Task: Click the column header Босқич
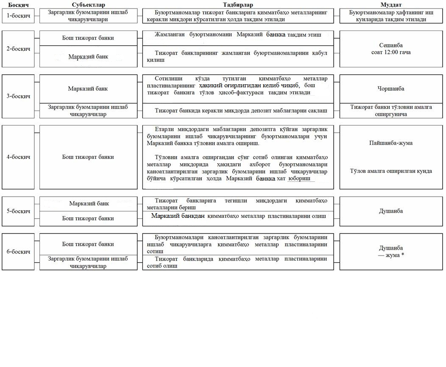(x=15, y=5)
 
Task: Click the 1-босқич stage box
(x=17, y=16)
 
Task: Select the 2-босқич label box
(x=18, y=49)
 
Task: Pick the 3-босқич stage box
(x=18, y=96)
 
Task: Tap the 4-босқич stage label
(x=18, y=157)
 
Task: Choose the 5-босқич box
(x=18, y=211)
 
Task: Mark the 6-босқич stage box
(x=18, y=252)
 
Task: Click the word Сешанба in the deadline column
(x=391, y=45)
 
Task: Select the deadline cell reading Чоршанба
(x=391, y=89)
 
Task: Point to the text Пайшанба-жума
(x=391, y=143)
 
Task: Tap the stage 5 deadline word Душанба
(x=391, y=211)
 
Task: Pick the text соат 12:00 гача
(x=391, y=52)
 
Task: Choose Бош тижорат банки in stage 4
(x=88, y=157)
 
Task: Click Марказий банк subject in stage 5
(x=89, y=203)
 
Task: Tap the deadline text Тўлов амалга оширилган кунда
(x=391, y=171)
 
